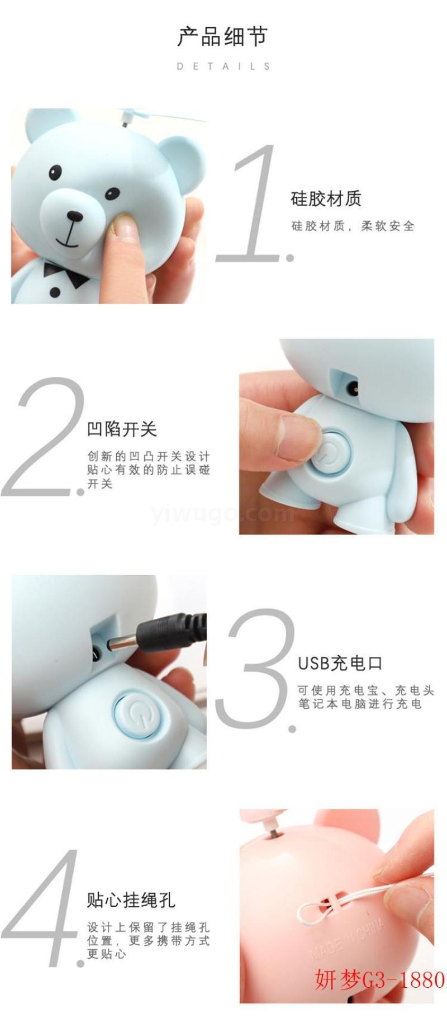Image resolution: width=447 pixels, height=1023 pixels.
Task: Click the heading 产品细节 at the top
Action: (x=223, y=36)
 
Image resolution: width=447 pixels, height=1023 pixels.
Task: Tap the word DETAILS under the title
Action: (x=223, y=66)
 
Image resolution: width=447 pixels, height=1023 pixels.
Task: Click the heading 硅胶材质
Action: (x=326, y=198)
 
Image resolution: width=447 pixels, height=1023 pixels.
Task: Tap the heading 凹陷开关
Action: (x=122, y=429)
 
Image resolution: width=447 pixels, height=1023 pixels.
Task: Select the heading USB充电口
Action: (x=340, y=663)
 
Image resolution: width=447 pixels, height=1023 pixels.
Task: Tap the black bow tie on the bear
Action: (x=65, y=273)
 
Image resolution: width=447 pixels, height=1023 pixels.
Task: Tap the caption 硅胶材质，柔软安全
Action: (x=353, y=226)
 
